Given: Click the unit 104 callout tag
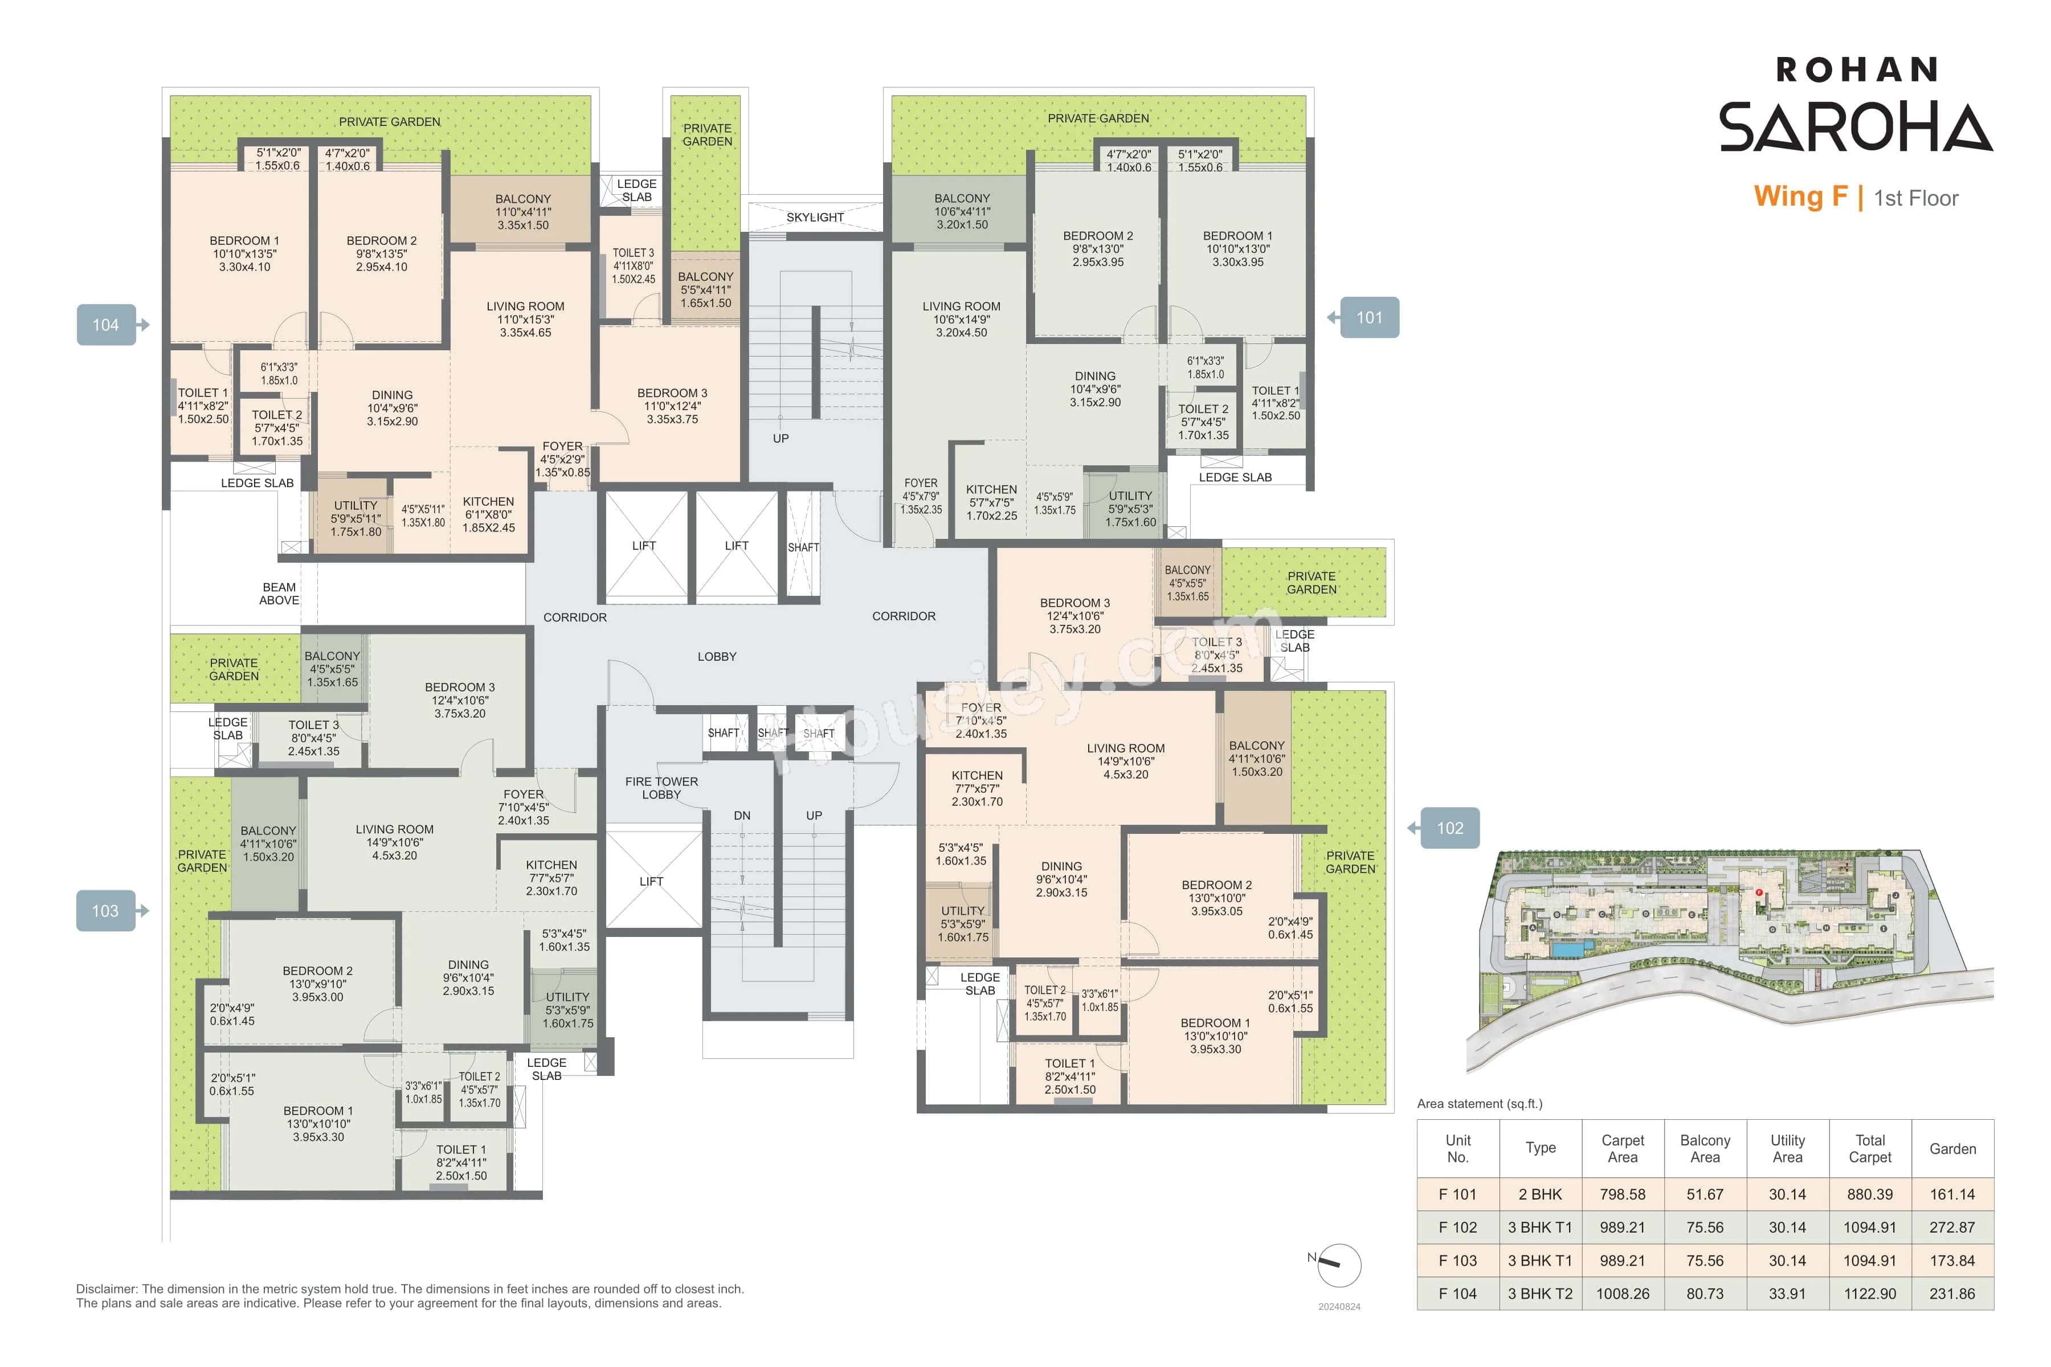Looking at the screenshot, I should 105,325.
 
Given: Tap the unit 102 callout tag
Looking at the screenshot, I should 1449,828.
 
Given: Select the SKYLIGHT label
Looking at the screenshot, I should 815,217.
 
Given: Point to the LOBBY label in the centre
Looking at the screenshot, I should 717,657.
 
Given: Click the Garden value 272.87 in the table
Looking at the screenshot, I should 1952,1227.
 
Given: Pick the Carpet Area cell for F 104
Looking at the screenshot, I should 1622,1294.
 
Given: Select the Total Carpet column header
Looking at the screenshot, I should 1870,1148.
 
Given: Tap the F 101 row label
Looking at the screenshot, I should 1457,1194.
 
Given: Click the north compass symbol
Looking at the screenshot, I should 1338,1265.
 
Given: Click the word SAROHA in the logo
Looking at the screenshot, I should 1855,127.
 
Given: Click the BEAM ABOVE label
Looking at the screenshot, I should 279,594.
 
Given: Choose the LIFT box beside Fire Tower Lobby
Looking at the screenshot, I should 651,881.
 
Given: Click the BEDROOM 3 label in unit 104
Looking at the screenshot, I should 672,406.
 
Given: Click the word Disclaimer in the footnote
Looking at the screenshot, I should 107,1288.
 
